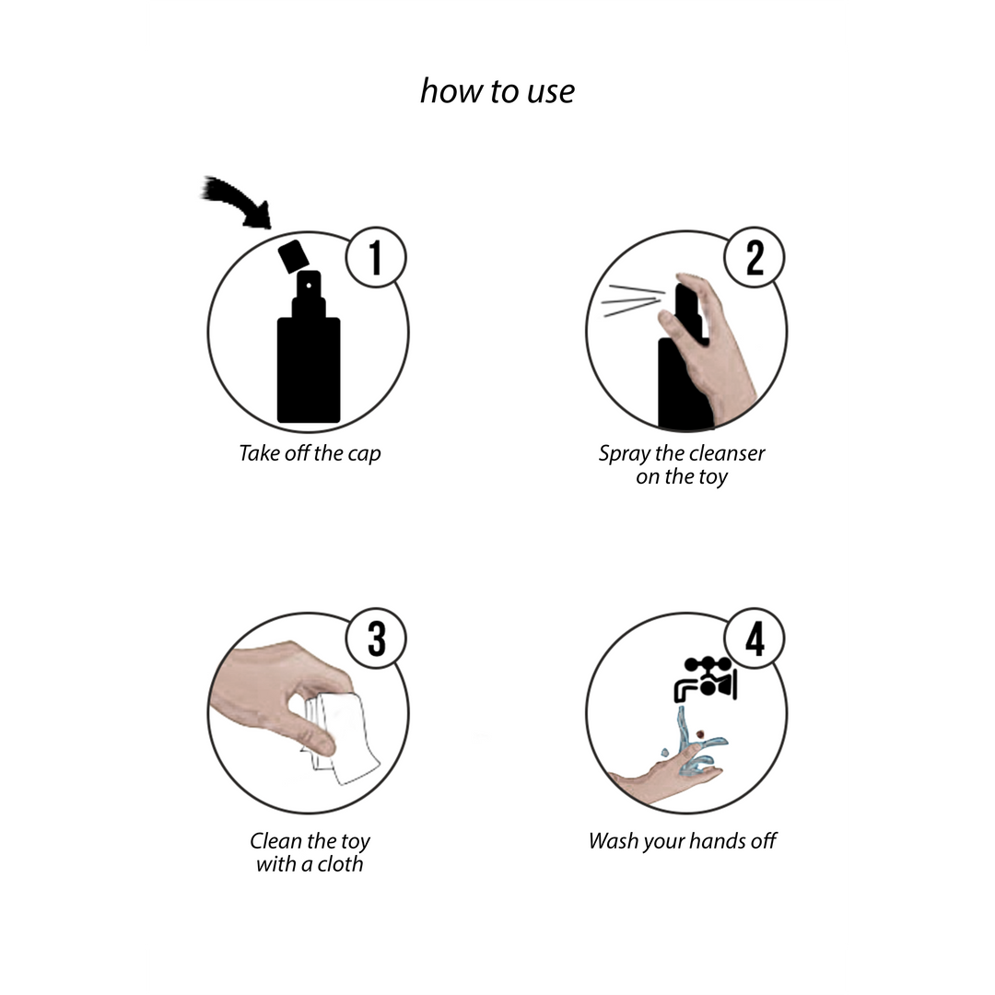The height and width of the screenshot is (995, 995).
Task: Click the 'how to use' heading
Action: point(497,90)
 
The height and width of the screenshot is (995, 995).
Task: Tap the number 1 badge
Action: point(376,258)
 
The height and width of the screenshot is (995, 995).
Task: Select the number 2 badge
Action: point(755,258)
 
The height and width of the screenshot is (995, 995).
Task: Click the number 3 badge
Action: point(376,638)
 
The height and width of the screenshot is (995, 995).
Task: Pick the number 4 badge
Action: point(755,638)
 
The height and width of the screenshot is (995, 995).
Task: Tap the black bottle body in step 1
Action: point(309,369)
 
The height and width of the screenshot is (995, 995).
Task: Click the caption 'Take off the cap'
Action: point(309,453)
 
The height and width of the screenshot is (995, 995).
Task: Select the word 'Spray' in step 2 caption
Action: point(623,453)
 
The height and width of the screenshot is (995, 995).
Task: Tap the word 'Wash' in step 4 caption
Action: point(613,840)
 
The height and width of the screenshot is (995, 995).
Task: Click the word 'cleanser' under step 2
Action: point(723,453)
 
